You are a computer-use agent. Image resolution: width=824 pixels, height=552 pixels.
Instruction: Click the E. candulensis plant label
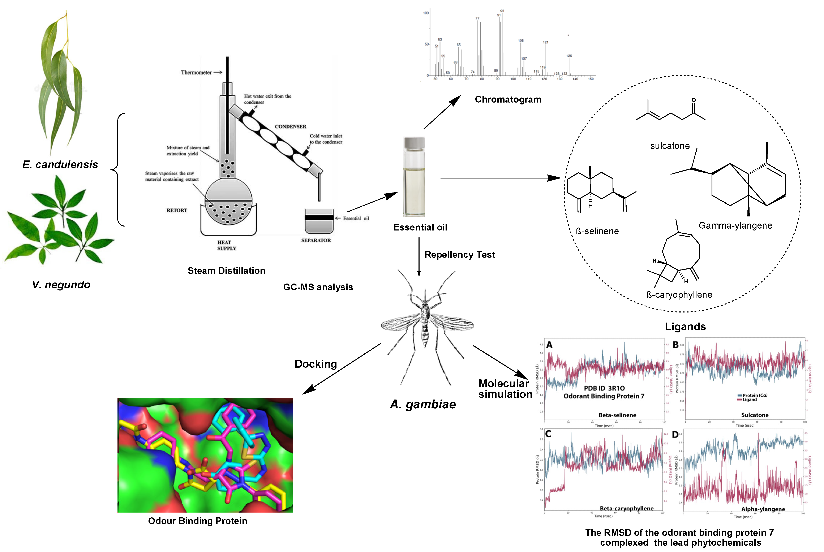60,164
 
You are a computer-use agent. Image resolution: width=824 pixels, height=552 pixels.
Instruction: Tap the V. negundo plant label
61,284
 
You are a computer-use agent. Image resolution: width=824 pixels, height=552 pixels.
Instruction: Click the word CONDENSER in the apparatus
290,126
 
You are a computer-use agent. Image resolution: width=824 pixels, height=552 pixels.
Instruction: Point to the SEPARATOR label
316,240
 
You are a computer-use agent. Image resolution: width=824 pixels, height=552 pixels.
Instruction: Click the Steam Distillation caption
226,271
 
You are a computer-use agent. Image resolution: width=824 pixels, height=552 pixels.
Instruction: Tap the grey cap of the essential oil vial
414,143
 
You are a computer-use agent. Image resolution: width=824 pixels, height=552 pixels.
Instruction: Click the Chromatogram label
508,100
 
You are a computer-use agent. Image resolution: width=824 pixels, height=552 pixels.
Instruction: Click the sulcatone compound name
670,146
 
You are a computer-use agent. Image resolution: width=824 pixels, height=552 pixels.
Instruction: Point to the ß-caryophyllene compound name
679,295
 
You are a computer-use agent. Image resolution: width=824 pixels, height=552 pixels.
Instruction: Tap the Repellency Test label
460,255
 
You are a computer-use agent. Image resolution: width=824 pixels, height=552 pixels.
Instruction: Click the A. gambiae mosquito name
422,404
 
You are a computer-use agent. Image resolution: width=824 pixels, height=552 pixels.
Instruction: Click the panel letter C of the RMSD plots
548,434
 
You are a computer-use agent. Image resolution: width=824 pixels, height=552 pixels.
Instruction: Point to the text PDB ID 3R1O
604,388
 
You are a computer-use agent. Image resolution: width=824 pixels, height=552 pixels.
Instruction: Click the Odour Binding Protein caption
198,521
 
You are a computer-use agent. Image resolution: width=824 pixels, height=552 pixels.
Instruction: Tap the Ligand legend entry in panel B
749,400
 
